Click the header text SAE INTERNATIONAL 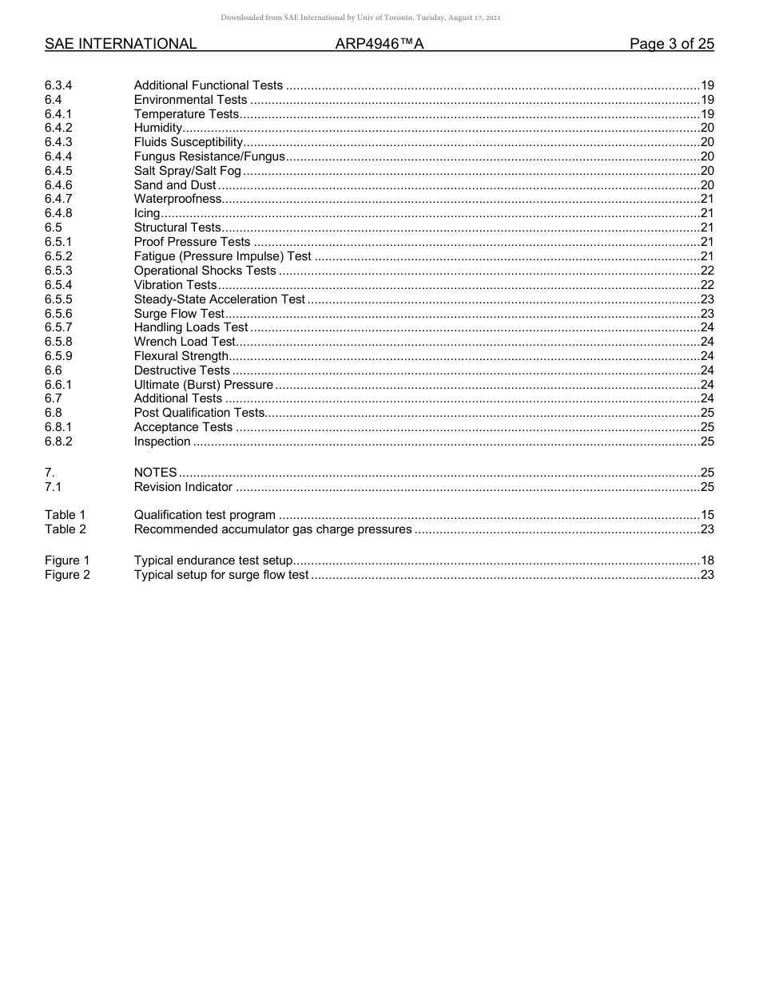click(x=121, y=44)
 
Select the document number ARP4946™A click(x=379, y=44)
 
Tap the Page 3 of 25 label click(x=671, y=44)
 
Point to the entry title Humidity click(x=158, y=128)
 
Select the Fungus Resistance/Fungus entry click(x=209, y=156)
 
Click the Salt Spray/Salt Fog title click(x=187, y=171)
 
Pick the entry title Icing click(x=147, y=213)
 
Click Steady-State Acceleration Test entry click(x=219, y=299)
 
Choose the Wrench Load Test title click(x=185, y=342)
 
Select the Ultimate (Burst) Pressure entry click(x=203, y=385)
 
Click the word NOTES click(x=155, y=473)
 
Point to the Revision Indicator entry click(x=183, y=487)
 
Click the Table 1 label click(x=65, y=515)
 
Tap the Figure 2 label click(x=67, y=575)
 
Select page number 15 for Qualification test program click(x=706, y=515)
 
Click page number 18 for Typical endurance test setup click(x=706, y=560)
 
